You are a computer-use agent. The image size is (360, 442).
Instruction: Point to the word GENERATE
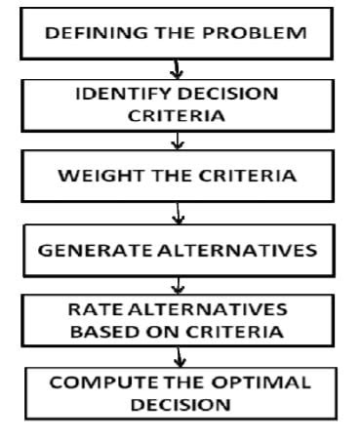pos(84,250)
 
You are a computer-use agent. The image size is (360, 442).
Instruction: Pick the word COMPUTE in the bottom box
pos(96,382)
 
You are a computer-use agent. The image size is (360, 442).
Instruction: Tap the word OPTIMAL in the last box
pos(265,382)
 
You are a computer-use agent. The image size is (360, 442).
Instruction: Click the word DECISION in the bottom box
pos(180,404)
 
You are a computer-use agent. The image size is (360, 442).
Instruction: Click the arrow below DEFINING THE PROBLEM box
pos(178,69)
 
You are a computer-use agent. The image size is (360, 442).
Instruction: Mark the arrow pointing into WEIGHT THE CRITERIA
pos(178,143)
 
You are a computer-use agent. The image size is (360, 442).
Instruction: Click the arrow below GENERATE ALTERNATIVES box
pos(178,286)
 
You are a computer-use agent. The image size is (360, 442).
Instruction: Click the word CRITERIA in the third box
pos(238,177)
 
